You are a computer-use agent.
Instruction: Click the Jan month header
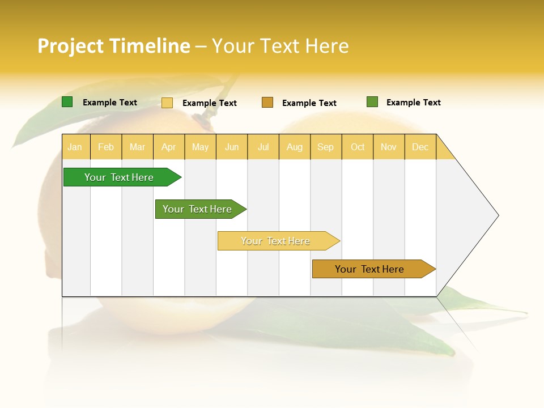pyautogui.click(x=75, y=147)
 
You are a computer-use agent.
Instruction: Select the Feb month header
pyautogui.click(x=106, y=147)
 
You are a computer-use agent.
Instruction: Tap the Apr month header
pyautogui.click(x=169, y=147)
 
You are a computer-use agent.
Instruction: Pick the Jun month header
pyautogui.click(x=232, y=147)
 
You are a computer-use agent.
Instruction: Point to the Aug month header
pyautogui.click(x=295, y=147)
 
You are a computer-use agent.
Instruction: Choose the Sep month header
pyautogui.click(x=326, y=147)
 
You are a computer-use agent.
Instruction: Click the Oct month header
pyautogui.click(x=358, y=147)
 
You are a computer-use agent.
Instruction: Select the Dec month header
pyautogui.click(x=420, y=147)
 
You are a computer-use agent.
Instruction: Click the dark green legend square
pyautogui.click(x=67, y=102)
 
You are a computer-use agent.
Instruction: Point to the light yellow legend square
pyautogui.click(x=167, y=103)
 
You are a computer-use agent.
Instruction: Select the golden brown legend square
pyautogui.click(x=267, y=102)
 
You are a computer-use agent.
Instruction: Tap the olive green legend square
pyautogui.click(x=372, y=102)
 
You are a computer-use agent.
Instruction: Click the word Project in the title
pyautogui.click(x=70, y=46)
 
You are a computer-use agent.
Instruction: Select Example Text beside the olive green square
pyautogui.click(x=413, y=103)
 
